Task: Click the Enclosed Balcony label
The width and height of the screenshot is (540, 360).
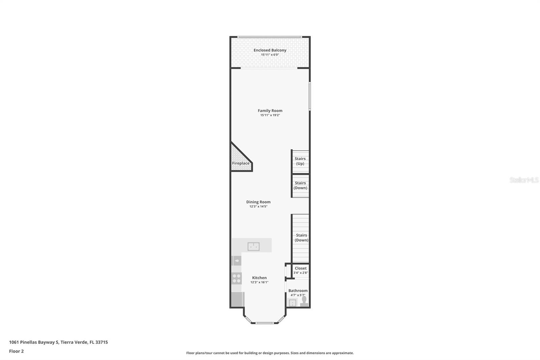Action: click(270, 50)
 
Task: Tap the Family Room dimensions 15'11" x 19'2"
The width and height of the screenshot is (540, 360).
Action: click(270, 115)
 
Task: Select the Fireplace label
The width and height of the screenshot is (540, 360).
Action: click(241, 163)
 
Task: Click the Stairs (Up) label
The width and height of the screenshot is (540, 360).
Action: click(300, 161)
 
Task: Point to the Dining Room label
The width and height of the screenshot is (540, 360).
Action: click(258, 202)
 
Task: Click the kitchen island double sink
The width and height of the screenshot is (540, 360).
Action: click(253, 247)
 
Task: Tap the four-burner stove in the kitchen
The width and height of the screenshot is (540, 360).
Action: click(237, 278)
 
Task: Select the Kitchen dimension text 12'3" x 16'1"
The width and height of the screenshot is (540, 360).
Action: click(259, 282)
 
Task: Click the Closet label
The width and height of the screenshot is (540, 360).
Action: click(301, 268)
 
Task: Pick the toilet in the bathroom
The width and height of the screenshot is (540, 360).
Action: click(304, 301)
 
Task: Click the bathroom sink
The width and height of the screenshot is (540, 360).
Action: click(292, 303)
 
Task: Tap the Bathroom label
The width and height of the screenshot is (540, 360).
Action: click(298, 290)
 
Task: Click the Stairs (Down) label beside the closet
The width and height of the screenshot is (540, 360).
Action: click(301, 238)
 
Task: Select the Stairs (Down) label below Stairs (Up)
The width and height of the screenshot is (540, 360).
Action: click(300, 185)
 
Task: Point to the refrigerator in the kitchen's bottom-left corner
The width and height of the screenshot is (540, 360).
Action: click(238, 299)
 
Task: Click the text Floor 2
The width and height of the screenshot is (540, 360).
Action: click(16, 351)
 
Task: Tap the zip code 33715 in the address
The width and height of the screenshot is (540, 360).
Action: click(102, 342)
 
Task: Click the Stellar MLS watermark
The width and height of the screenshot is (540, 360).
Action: click(524, 180)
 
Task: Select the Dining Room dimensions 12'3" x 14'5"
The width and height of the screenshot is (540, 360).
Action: click(258, 207)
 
